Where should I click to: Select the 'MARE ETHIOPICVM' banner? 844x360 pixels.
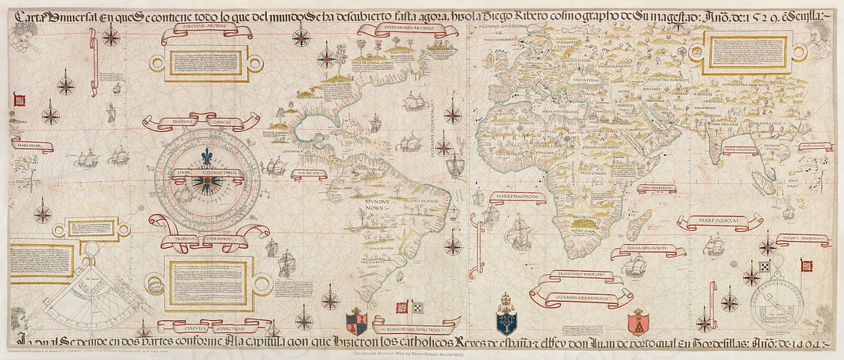(521, 197)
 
